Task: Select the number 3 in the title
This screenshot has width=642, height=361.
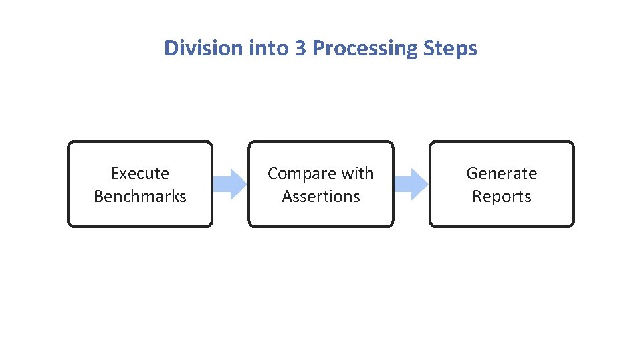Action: (x=300, y=49)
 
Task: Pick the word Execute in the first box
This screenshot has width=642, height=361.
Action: (x=140, y=174)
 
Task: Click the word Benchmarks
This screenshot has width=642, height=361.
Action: (x=140, y=197)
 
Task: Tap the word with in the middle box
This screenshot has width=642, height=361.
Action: (x=357, y=174)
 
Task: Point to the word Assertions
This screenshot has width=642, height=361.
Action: (x=321, y=197)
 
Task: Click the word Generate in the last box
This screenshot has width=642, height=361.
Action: (x=502, y=174)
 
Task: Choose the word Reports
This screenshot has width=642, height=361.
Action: (x=502, y=197)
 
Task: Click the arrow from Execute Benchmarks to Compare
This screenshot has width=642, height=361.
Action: (x=231, y=184)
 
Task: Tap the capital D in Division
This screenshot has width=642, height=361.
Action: (x=171, y=49)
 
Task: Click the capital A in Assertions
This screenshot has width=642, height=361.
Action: (x=287, y=197)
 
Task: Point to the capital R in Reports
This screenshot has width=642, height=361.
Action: (x=477, y=197)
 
